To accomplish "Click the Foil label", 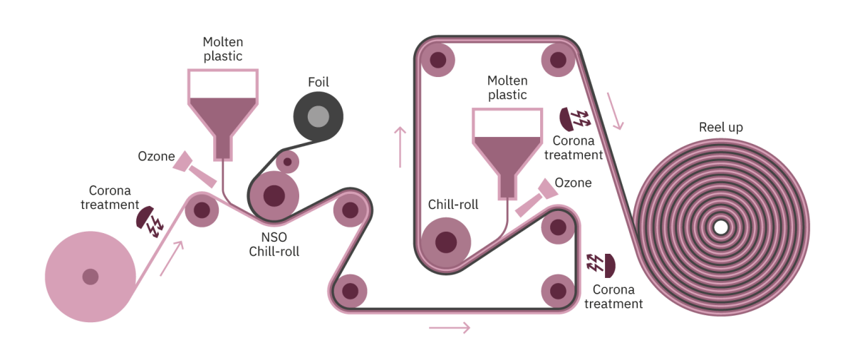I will pyautogui.click(x=318, y=82).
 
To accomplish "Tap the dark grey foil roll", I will pyautogui.click(x=318, y=115).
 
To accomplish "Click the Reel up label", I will pyautogui.click(x=720, y=128).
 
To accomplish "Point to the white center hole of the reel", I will pyautogui.click(x=720, y=227).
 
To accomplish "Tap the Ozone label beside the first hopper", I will pyautogui.click(x=157, y=156).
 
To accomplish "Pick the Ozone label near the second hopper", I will pyautogui.click(x=573, y=183).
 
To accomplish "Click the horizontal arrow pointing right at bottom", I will pyautogui.click(x=450, y=328).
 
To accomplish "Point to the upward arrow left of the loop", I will pyautogui.click(x=400, y=147).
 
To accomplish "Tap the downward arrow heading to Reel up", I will pyautogui.click(x=616, y=111).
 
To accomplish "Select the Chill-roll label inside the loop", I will pyautogui.click(x=453, y=205).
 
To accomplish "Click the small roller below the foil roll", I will pyautogui.click(x=288, y=162).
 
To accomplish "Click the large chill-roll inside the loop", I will pyautogui.click(x=445, y=242).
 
